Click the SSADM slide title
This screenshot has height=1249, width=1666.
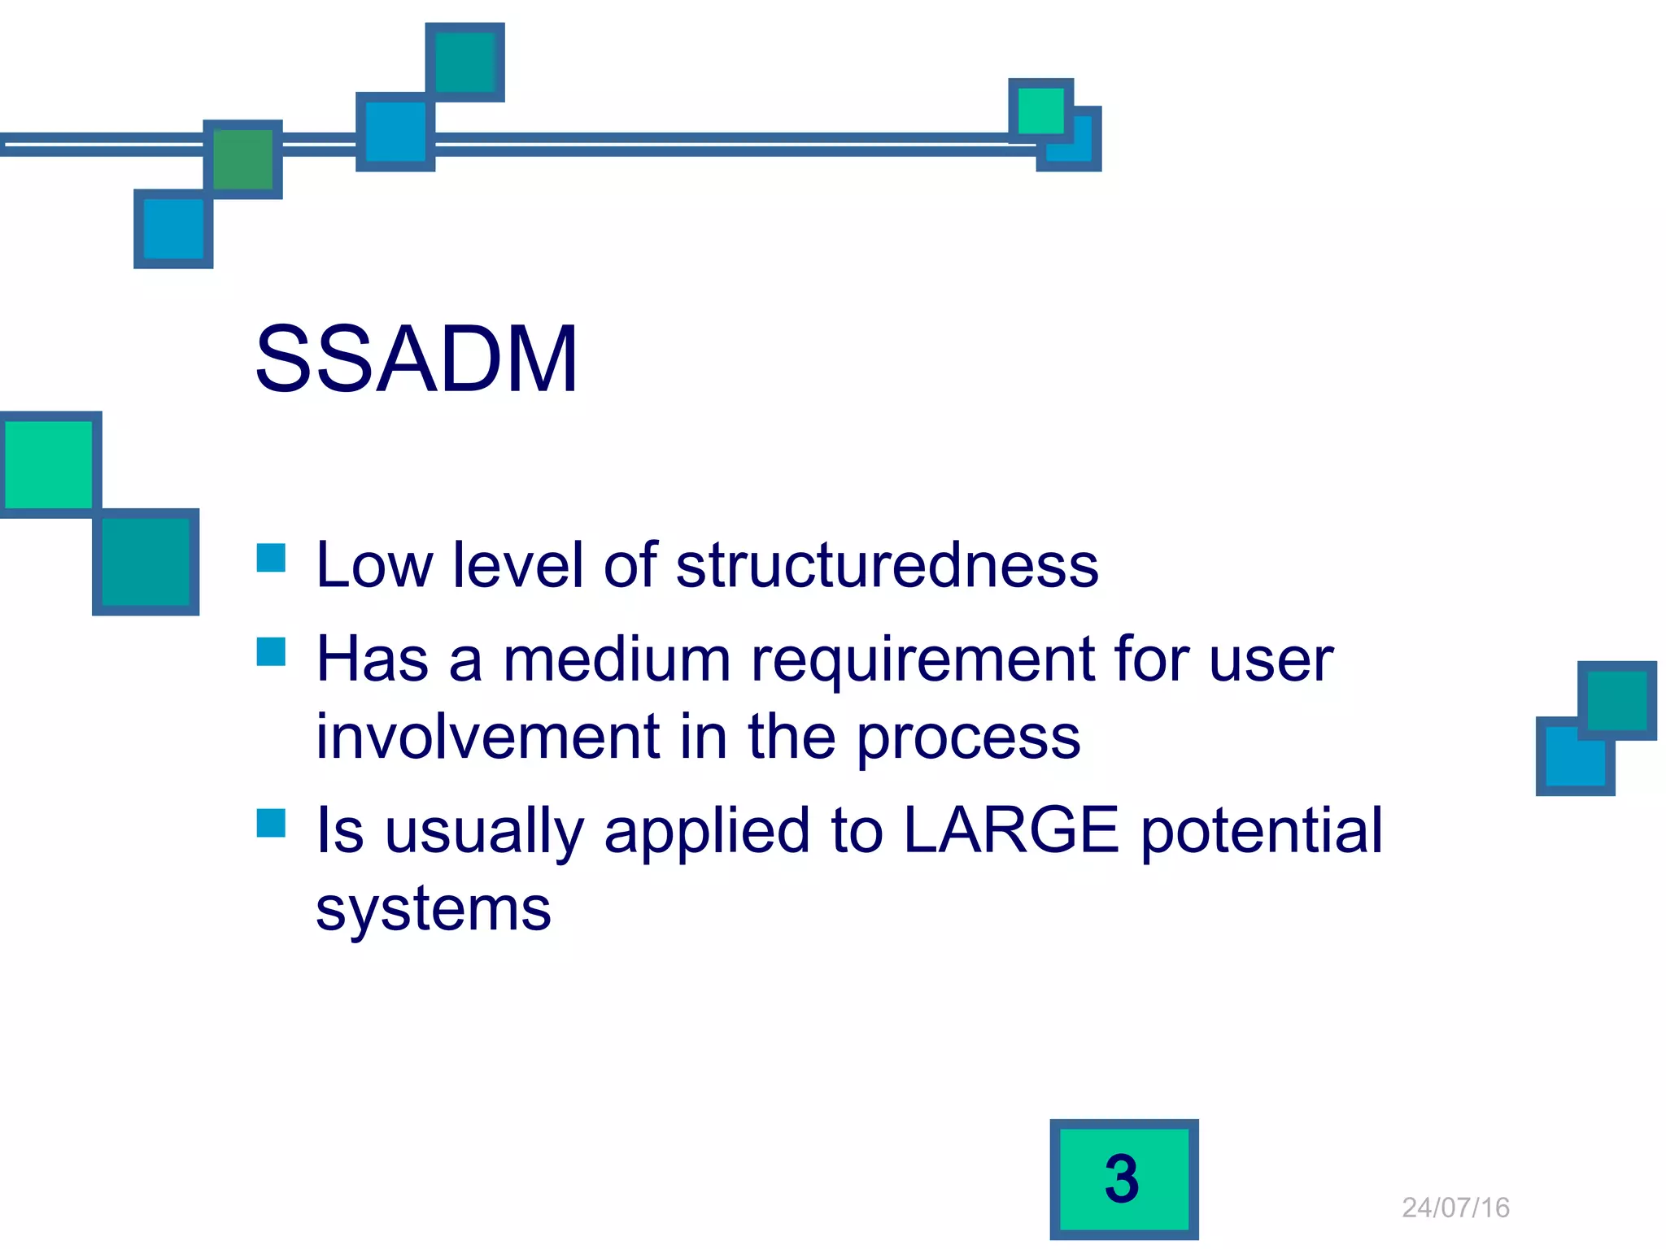[416, 359]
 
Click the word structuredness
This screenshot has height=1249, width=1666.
[887, 565]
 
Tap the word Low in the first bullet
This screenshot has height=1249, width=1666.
[374, 565]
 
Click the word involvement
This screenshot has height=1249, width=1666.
[487, 737]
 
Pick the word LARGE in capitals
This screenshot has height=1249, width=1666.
[1011, 830]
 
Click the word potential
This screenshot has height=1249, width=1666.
[1261, 830]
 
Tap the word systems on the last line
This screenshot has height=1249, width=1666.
[434, 909]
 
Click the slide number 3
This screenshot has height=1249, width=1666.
[1123, 1178]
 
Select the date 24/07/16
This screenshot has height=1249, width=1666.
[1455, 1208]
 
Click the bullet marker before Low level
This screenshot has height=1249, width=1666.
[271, 558]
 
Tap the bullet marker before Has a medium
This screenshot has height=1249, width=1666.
[271, 651]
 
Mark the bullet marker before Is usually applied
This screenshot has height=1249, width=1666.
[271, 823]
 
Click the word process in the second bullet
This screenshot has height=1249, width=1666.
[968, 737]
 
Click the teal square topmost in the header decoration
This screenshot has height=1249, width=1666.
[464, 63]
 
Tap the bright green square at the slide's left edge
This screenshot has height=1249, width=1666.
[49, 464]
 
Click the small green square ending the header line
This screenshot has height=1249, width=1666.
[1040, 111]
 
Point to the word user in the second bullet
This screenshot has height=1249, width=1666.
[1271, 659]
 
